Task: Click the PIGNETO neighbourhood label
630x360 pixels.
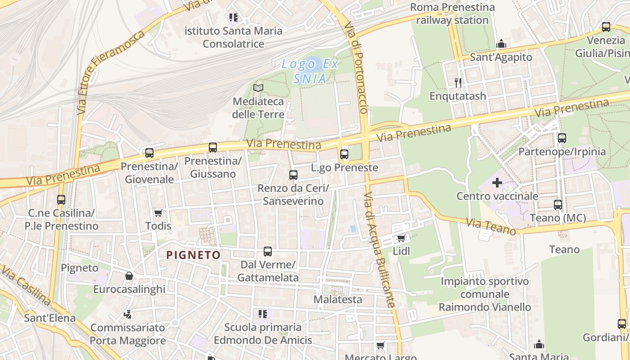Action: pos(193,255)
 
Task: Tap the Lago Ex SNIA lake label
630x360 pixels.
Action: pos(310,72)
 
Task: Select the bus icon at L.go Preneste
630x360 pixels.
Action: pos(344,154)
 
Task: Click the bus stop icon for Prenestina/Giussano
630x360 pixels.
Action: pos(213,147)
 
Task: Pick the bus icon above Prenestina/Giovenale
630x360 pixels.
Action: pos(149,153)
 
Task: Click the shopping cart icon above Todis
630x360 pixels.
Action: pos(158,212)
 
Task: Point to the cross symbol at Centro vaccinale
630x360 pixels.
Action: pos(497,183)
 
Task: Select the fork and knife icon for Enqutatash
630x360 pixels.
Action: pos(458,82)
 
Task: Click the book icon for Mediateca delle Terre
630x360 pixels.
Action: pos(258,88)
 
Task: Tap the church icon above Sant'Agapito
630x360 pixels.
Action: pos(501,44)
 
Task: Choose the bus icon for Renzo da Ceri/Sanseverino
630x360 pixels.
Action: pos(293,175)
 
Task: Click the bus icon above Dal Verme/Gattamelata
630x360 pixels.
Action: pos(268,251)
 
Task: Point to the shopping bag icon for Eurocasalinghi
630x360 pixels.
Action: pos(129,275)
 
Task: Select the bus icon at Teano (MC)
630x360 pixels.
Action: pos(558,205)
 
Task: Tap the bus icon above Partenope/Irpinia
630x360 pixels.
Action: pos(562,138)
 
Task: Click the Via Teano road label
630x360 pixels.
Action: pos(490,227)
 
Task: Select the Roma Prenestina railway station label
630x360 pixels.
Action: pos(452,13)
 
